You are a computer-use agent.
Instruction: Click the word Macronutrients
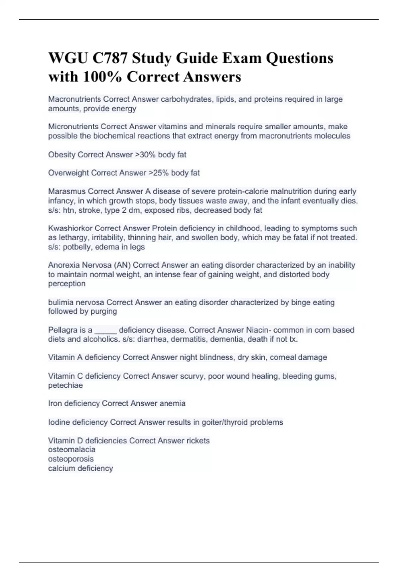[x=75, y=99]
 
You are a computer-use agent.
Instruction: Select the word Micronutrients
[x=73, y=127]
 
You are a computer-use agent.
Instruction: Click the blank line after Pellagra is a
[x=106, y=331]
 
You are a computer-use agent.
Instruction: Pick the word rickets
[x=198, y=441]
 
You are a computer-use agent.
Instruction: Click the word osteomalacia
[x=72, y=449]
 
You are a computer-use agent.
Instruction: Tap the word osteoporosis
[x=71, y=459]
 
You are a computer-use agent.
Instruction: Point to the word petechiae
[x=65, y=385]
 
